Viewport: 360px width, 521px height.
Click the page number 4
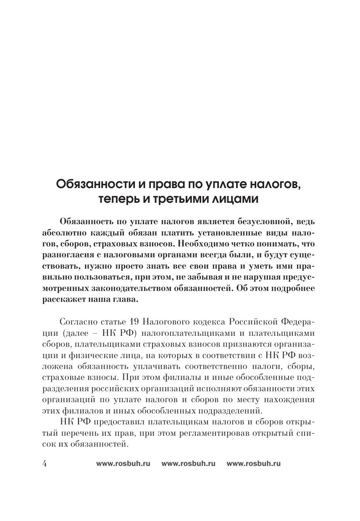(x=45, y=463)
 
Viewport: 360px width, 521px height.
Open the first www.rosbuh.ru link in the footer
(x=123, y=464)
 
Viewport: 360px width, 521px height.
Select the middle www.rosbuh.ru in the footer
(x=188, y=464)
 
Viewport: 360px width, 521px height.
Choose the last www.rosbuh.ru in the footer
(x=253, y=464)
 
